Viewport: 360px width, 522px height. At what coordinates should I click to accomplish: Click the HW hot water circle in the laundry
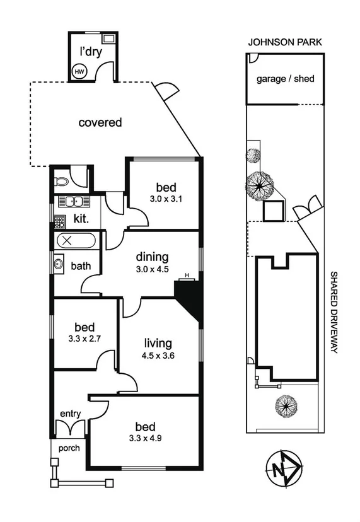tap(79, 71)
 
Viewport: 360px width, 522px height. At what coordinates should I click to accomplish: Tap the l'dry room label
tap(91, 51)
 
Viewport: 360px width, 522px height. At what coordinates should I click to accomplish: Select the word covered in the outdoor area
tap(100, 122)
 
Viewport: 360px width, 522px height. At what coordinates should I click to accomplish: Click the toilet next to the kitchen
tap(62, 181)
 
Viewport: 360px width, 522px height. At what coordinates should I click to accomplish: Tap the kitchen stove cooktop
tap(59, 222)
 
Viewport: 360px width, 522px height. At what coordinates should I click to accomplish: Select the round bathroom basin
tap(59, 264)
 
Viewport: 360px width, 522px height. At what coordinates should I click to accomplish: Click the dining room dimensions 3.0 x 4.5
tap(153, 269)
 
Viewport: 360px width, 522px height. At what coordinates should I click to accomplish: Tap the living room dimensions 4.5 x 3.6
tap(157, 356)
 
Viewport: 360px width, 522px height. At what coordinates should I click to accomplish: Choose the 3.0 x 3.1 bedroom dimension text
tap(166, 200)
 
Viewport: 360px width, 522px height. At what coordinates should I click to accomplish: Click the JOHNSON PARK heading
tap(285, 42)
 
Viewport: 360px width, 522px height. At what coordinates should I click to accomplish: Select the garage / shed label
tap(285, 79)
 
